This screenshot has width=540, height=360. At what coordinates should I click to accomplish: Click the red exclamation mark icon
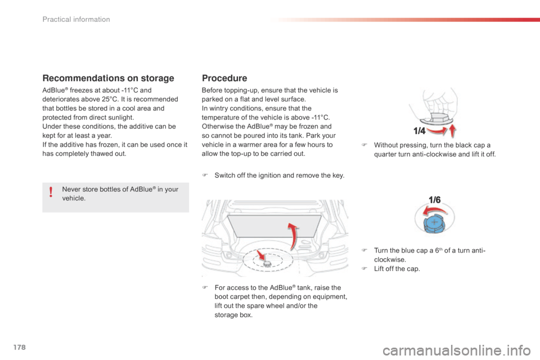pyautogui.click(x=51, y=193)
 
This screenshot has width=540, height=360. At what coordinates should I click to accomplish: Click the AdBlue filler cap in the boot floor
pyautogui.click(x=267, y=262)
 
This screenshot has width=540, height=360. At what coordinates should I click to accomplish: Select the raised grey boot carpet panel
pyautogui.click(x=273, y=227)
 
